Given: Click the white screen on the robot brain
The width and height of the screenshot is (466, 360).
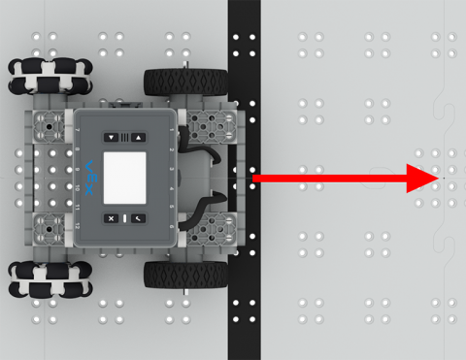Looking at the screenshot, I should pyautogui.click(x=124, y=177).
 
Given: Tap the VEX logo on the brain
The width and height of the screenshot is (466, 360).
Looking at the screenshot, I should pyautogui.click(x=87, y=178).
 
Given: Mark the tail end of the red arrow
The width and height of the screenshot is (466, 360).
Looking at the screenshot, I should pyautogui.click(x=254, y=179).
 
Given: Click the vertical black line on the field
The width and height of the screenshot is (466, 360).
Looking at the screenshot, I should pyautogui.click(x=244, y=291).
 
